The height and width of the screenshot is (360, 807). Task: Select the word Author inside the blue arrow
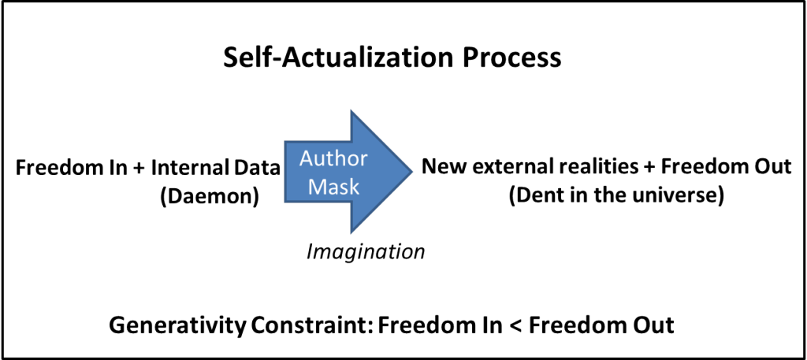coord(333,158)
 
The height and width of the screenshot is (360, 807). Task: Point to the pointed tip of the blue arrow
coord(411,169)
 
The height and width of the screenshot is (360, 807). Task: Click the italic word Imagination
coord(366,252)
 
